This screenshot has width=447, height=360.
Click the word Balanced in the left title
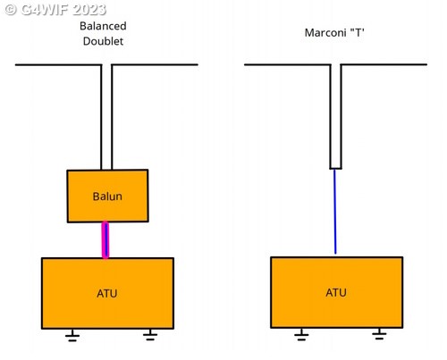[103, 26]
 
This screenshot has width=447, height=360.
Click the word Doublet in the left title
[103, 41]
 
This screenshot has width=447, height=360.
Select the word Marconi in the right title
[325, 32]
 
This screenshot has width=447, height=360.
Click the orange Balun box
[107, 196]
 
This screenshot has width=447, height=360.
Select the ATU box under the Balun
[107, 293]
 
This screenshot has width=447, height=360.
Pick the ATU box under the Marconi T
[337, 292]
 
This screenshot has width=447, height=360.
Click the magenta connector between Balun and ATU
[105, 239]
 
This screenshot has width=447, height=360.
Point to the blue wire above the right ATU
[335, 212]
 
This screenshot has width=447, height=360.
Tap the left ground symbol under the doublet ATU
[72, 335]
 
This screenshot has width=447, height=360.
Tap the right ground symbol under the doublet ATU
[150, 335]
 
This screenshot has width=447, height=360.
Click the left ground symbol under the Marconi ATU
[301, 334]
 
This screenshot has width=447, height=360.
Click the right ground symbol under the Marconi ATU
[379, 334]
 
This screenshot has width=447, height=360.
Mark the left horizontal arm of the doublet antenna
[58, 64]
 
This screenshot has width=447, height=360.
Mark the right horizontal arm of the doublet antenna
[155, 64]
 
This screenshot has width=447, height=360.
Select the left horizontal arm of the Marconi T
[288, 64]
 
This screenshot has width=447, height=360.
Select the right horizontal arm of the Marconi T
[384, 64]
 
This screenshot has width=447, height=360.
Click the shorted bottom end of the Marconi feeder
[335, 169]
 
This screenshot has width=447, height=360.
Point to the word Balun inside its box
[107, 197]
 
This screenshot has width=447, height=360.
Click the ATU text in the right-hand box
[336, 292]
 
